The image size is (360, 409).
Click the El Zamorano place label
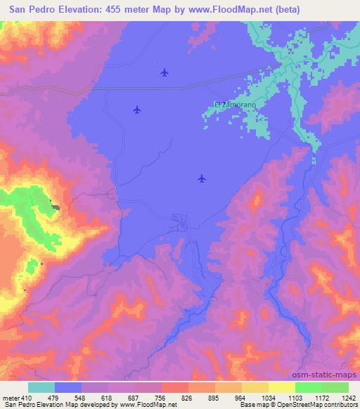tap(235, 105)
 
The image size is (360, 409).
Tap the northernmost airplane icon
tap(165, 72)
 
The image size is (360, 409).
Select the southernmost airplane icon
tap(202, 178)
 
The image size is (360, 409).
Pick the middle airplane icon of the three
tap(137, 109)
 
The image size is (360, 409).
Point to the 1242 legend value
tap(340, 398)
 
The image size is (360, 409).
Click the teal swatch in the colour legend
tap(41, 387)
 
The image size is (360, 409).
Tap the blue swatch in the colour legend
tap(68, 387)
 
